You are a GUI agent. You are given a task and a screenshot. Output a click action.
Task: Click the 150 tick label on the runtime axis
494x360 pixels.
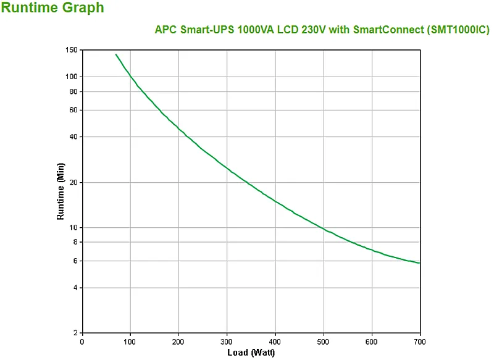(x=72, y=50)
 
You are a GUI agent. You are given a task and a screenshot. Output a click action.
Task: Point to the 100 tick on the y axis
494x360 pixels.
(x=72, y=77)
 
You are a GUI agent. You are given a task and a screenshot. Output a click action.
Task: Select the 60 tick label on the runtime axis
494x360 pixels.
(x=73, y=110)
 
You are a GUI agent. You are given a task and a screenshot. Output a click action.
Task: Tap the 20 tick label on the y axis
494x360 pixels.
(x=73, y=182)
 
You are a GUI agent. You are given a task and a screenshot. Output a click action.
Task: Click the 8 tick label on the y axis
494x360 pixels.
(x=75, y=242)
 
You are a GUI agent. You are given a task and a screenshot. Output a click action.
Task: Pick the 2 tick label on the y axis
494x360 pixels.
(x=75, y=333)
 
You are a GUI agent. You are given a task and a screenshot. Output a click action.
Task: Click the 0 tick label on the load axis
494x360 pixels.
(x=82, y=341)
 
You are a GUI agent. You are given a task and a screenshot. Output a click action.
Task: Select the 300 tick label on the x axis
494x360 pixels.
(x=227, y=341)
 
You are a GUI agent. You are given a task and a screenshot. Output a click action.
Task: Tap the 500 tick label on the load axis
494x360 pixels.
(x=323, y=341)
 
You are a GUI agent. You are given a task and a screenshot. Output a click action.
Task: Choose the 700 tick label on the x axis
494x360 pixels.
(x=420, y=341)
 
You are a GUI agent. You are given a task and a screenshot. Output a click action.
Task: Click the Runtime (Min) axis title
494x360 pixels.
(x=60, y=191)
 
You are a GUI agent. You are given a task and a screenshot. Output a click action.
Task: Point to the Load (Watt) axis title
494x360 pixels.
(x=251, y=353)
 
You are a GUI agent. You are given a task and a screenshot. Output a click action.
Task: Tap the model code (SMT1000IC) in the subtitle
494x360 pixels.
(x=458, y=30)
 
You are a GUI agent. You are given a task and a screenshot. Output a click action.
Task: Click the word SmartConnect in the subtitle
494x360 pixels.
(x=389, y=30)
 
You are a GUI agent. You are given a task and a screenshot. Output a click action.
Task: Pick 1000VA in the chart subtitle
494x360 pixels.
(x=256, y=30)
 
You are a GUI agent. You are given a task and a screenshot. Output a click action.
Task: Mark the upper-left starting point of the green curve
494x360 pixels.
(x=115, y=54)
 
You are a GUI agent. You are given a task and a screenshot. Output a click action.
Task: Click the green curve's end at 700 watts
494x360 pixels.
(x=420, y=263)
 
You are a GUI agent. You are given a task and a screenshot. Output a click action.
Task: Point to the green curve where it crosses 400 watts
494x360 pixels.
(x=275, y=201)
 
